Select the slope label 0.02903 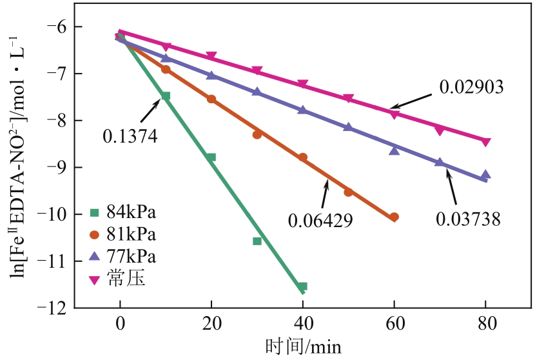(x=471, y=86)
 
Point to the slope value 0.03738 (x=469, y=219)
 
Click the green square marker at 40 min (x=302, y=286)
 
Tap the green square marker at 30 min (x=257, y=241)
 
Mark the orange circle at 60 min (x=394, y=217)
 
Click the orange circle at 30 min (x=257, y=135)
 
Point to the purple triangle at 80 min (x=486, y=175)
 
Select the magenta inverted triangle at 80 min (x=486, y=142)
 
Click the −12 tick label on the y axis (x=54, y=308)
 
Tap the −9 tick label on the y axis (x=58, y=167)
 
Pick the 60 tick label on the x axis (x=394, y=324)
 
